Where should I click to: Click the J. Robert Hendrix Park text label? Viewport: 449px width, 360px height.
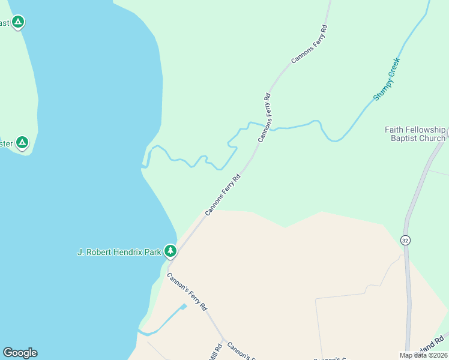click(119, 252)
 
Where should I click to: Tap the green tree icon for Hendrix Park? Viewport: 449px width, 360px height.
click(170, 251)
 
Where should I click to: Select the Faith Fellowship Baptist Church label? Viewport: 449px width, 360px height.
click(415, 134)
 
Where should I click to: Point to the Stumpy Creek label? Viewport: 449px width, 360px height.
click(386, 79)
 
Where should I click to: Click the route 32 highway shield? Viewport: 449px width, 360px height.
click(406, 241)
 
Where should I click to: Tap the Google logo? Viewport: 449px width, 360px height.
click(20, 352)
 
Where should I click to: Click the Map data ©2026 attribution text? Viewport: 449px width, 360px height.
click(422, 355)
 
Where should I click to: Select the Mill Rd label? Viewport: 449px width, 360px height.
click(212, 352)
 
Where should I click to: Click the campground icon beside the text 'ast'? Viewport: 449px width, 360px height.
click(18, 23)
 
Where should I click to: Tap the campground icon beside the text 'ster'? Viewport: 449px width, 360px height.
click(22, 143)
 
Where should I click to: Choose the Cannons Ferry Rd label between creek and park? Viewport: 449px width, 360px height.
click(223, 194)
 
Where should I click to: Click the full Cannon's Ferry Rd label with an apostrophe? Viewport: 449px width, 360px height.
click(187, 292)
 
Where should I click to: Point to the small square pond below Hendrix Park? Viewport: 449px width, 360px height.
click(184, 306)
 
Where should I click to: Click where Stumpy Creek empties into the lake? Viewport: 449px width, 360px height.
click(144, 166)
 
